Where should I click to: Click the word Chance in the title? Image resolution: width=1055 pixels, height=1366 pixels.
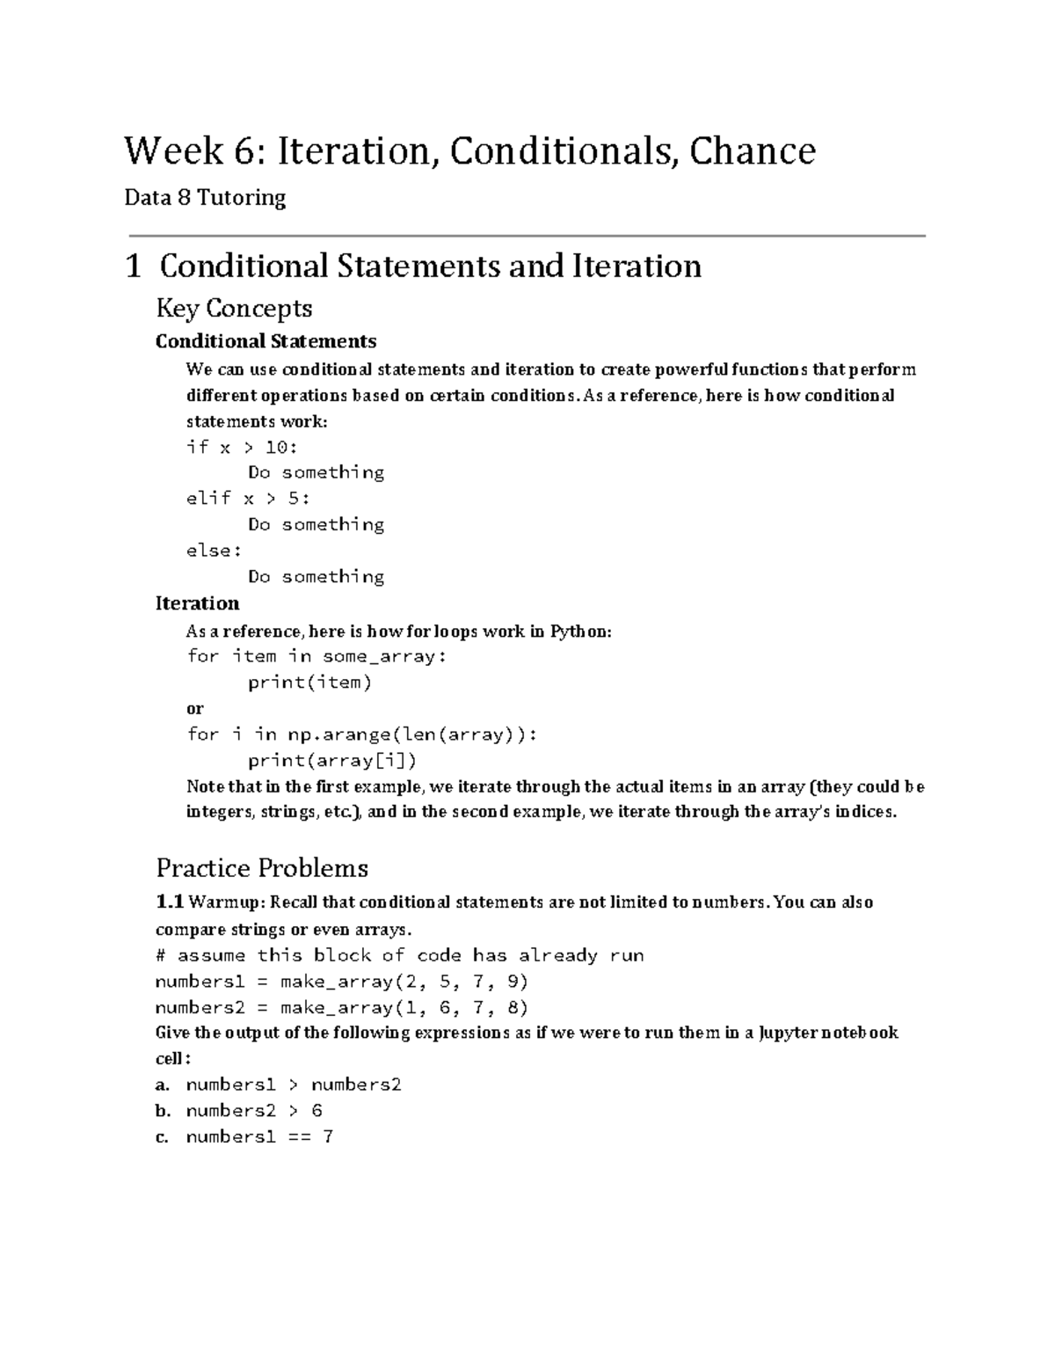(x=752, y=150)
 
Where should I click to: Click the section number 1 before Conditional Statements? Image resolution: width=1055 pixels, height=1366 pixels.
(x=134, y=266)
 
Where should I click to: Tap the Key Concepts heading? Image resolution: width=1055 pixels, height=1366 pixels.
(x=234, y=308)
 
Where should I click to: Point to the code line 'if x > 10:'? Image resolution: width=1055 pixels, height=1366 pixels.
(x=242, y=447)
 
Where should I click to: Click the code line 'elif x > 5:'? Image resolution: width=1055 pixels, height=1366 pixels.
(x=248, y=498)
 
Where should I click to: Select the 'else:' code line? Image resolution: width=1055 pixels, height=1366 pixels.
(x=214, y=551)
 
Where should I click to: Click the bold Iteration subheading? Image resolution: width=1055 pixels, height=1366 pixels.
(x=197, y=603)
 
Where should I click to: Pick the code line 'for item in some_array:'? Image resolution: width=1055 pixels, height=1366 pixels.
(x=316, y=656)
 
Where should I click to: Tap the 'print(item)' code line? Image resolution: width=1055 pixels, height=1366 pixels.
(x=309, y=682)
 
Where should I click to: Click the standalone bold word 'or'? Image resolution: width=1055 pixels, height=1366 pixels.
(x=194, y=708)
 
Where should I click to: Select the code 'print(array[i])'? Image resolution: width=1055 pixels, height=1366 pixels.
(x=331, y=760)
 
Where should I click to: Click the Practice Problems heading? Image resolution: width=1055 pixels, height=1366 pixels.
(x=262, y=868)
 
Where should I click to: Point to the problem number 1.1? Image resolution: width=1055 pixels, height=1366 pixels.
(x=170, y=902)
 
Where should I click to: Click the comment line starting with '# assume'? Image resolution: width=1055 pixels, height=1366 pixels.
(x=399, y=955)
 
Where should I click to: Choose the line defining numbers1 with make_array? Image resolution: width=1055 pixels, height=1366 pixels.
(x=341, y=981)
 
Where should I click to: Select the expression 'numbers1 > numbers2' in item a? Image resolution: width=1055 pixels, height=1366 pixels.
(x=294, y=1085)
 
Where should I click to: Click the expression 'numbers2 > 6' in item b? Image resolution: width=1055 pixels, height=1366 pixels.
(x=254, y=1110)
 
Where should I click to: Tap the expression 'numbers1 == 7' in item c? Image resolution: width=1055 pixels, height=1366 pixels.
(x=259, y=1136)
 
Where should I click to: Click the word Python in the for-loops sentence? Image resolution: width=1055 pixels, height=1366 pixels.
(x=579, y=632)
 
